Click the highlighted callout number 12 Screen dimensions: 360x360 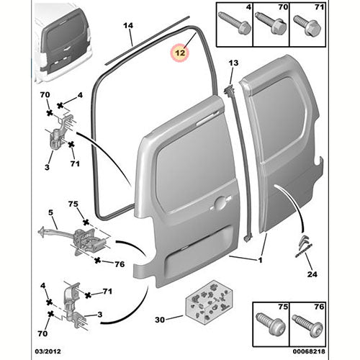tap(178, 52)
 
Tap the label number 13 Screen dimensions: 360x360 tap(233, 64)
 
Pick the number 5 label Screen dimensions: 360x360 tap(51, 213)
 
